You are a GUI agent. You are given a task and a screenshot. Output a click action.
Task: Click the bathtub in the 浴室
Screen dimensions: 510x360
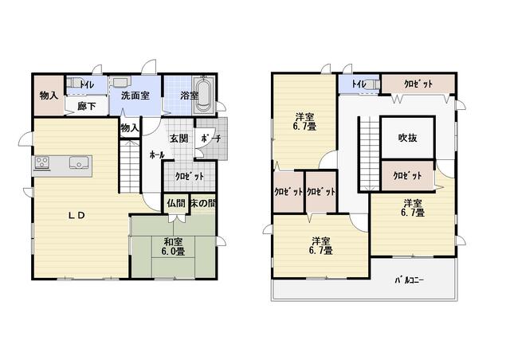(x=204, y=95)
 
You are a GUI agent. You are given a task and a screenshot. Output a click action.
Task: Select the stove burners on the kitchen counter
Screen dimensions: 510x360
(x=42, y=162)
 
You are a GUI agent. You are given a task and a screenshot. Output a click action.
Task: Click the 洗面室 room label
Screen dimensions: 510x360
(x=135, y=96)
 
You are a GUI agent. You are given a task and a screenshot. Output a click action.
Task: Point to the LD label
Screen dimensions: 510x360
(x=76, y=215)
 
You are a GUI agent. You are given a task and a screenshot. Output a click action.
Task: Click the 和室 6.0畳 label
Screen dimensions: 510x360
(x=173, y=246)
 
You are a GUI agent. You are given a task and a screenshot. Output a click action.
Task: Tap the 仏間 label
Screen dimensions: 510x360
(x=176, y=204)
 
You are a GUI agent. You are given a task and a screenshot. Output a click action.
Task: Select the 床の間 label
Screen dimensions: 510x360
(x=203, y=204)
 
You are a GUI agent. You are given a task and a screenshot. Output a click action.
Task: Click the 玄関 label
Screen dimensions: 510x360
(x=178, y=139)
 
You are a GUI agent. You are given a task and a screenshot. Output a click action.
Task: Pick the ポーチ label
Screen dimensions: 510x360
(x=211, y=139)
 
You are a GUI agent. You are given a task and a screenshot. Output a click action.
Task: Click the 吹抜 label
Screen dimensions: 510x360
(x=407, y=138)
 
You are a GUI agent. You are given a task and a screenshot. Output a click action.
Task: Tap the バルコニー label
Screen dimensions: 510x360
(x=409, y=280)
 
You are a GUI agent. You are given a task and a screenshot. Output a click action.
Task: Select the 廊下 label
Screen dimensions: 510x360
(x=87, y=106)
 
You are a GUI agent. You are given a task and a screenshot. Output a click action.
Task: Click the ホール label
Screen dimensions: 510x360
(x=157, y=155)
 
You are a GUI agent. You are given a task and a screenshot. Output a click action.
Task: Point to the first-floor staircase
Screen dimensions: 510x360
(x=130, y=166)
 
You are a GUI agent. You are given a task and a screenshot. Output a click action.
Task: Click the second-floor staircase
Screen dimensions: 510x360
(x=370, y=153)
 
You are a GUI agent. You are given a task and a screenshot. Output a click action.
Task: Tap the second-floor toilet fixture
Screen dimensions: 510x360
(x=374, y=84)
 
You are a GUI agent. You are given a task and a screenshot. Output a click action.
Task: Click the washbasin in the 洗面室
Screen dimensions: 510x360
(x=120, y=81)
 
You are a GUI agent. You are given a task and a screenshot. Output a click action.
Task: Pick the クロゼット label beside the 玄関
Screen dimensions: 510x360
(x=190, y=176)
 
